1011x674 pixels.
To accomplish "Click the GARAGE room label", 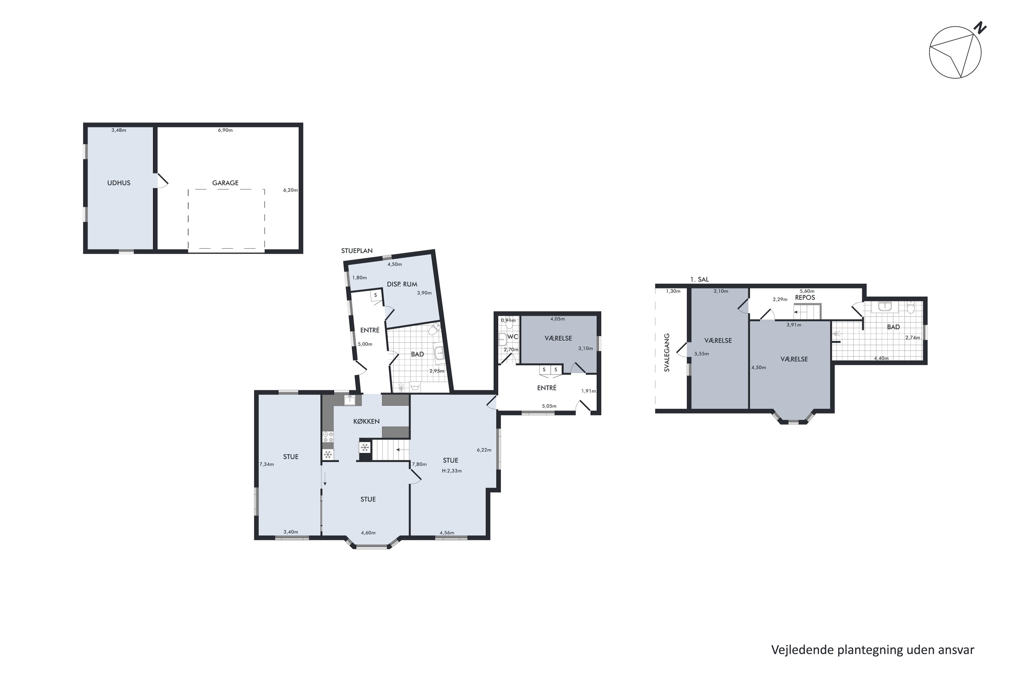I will [x=225, y=183].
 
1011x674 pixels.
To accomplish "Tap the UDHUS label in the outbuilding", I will [x=119, y=183].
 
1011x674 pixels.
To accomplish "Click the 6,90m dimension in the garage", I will [x=225, y=130].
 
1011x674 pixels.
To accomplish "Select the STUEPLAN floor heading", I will [x=357, y=251].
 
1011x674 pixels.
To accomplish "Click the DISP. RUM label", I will [x=402, y=284].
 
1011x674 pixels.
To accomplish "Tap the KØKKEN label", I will [x=366, y=421].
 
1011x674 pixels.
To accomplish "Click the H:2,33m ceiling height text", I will [x=452, y=471].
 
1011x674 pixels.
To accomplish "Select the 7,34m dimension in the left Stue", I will [x=267, y=464].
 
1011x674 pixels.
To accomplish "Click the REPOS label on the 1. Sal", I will [x=805, y=298].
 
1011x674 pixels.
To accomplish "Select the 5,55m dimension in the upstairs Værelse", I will [x=702, y=354].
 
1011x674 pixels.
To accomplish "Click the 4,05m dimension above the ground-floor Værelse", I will [x=557, y=319].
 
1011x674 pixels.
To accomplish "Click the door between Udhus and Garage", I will [x=161, y=181].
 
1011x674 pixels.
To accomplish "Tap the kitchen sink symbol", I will [x=350, y=400].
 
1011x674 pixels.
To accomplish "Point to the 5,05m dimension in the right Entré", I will [x=549, y=406].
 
